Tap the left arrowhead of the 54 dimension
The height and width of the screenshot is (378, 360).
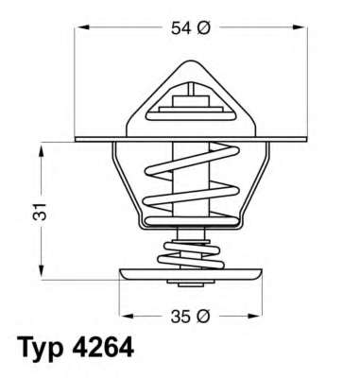point(79,30)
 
